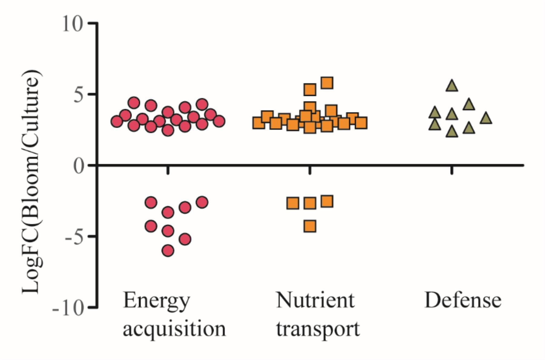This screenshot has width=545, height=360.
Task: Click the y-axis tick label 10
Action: tap(73, 23)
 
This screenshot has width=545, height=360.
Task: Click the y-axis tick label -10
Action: tap(68, 309)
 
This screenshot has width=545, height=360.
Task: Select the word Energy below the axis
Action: tap(156, 300)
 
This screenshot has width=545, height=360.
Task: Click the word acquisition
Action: tap(174, 329)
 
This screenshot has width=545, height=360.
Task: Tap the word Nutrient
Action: tap(315, 300)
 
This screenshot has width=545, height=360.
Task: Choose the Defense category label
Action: tap(463, 300)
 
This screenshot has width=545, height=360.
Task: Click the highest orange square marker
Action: tap(327, 83)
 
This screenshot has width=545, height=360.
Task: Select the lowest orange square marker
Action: tap(310, 226)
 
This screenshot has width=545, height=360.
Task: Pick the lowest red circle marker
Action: tap(168, 251)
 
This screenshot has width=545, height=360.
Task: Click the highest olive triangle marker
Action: tap(452, 86)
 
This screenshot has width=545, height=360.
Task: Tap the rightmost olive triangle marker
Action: tap(486, 118)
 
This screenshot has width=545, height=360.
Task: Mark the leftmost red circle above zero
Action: tap(117, 122)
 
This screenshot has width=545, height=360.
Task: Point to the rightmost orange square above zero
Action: tap(361, 123)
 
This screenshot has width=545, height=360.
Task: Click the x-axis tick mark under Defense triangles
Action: tap(452, 170)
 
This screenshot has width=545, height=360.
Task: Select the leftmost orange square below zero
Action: tap(292, 203)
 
